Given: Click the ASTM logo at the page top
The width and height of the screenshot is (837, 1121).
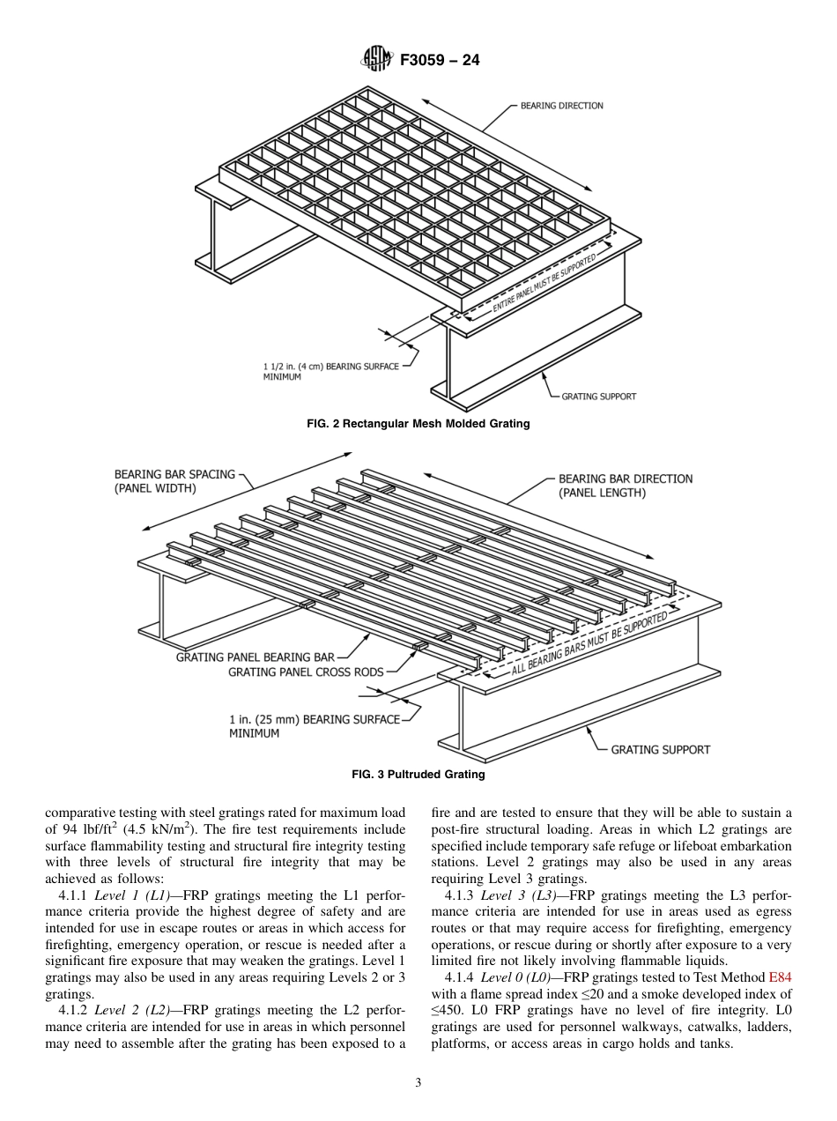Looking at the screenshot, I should (376, 60).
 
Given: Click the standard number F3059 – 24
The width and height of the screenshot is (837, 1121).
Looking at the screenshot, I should (440, 61).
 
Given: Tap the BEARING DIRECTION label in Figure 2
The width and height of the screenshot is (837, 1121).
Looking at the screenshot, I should (561, 106).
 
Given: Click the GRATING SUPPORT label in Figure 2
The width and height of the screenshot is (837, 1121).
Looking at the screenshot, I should (598, 396).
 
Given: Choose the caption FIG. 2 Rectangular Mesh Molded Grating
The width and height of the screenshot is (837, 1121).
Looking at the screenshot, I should (418, 424).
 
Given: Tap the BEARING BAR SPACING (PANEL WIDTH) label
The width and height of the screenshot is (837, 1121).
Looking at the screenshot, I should (174, 481).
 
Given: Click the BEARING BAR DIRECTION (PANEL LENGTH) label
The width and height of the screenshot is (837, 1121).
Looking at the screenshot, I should (625, 486).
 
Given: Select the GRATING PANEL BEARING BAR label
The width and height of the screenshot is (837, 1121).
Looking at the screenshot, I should (255, 657).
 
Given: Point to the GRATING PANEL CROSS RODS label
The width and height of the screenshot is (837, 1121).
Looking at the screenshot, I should (306, 672).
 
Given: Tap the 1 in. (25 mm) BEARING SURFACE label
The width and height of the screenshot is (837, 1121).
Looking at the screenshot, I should (314, 720).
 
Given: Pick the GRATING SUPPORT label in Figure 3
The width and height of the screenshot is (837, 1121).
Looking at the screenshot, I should (660, 749).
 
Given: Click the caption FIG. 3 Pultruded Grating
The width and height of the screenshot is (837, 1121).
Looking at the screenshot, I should (418, 775).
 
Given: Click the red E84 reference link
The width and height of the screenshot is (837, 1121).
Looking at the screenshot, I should (780, 977).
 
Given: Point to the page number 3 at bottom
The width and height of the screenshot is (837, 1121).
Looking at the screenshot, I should (418, 1082).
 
